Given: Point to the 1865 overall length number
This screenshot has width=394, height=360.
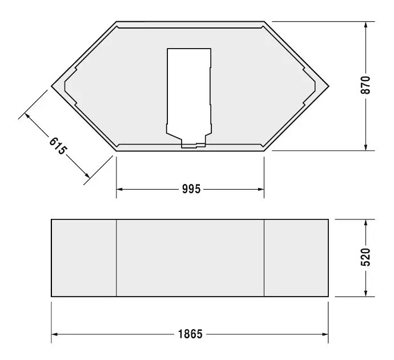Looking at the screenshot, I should pyautogui.click(x=190, y=334).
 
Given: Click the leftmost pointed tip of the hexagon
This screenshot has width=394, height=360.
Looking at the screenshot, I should pyautogui.click(x=52, y=86).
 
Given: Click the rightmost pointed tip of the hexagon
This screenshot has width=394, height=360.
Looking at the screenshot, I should pyautogui.click(x=328, y=86).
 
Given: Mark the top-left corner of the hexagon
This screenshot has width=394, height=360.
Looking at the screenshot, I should pyautogui.click(x=117, y=22).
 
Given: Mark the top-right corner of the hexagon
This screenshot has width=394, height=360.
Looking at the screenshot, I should pyautogui.click(x=264, y=22).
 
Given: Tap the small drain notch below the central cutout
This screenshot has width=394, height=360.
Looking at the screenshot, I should pyautogui.click(x=192, y=146).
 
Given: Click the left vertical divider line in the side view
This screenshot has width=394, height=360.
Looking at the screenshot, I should pyautogui.click(x=116, y=257).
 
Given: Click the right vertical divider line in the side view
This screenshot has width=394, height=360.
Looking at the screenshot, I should pyautogui.click(x=264, y=257).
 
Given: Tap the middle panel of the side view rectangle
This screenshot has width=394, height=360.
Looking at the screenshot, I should pyautogui.click(x=190, y=257).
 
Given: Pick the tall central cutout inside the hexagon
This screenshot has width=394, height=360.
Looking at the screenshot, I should pyautogui.click(x=190, y=91).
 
